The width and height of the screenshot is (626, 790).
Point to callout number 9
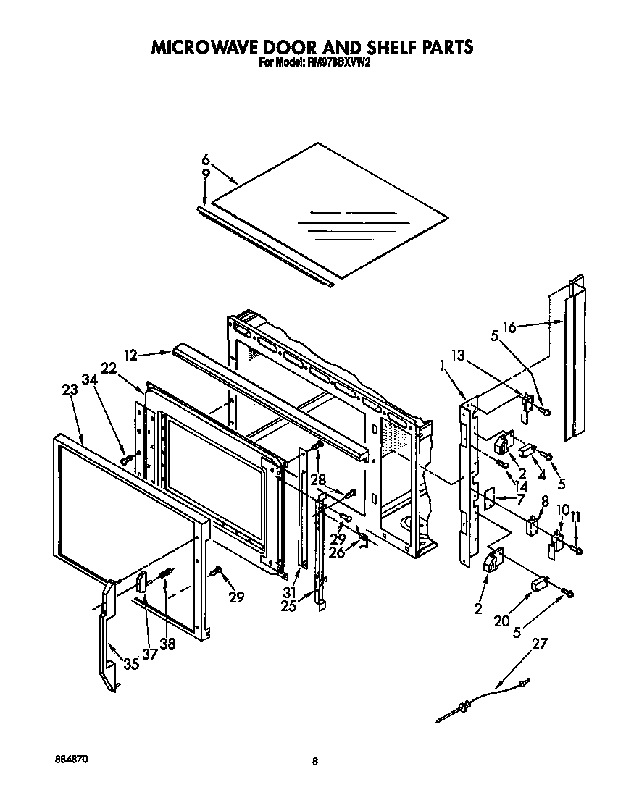point(206,175)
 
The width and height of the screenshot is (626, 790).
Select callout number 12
point(130,354)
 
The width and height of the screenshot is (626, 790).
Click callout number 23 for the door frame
point(70,390)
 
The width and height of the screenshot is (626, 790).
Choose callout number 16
point(509,327)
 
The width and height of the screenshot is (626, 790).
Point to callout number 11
point(576,516)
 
